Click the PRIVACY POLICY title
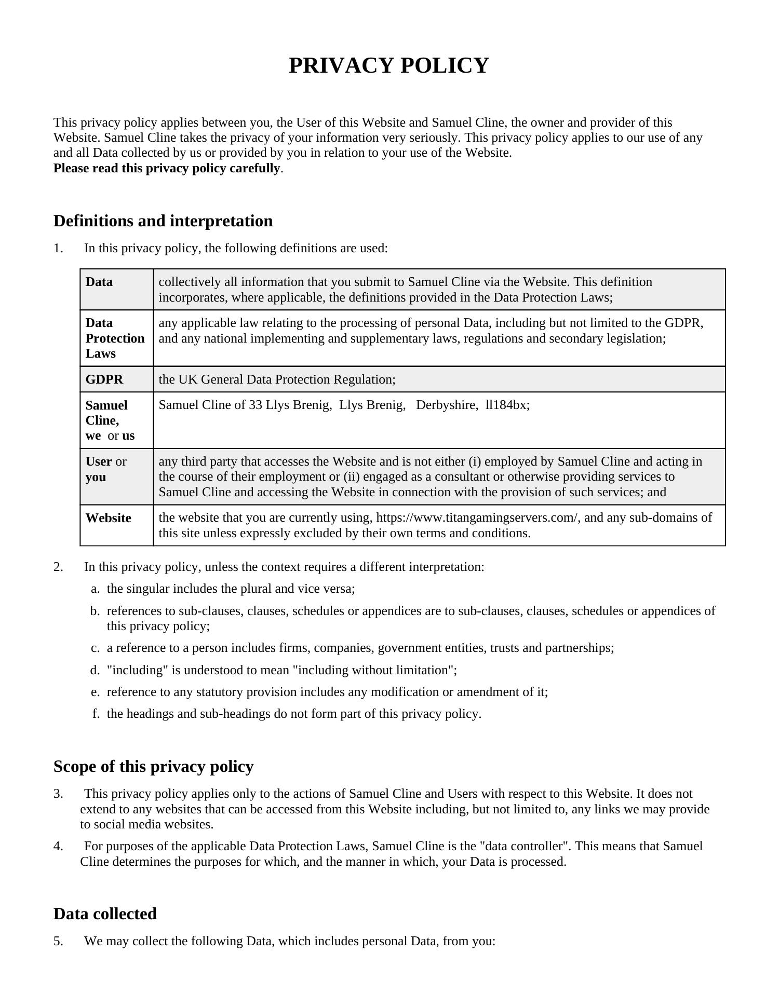[388, 66]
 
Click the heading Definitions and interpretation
[163, 221]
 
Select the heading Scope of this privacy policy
[153, 767]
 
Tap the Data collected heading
[105, 914]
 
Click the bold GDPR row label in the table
[104, 379]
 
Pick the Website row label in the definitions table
[108, 518]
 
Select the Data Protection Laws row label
[115, 338]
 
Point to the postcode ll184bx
[507, 405]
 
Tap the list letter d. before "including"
[95, 670]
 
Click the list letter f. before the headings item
[96, 714]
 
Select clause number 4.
[58, 846]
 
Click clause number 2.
[58, 567]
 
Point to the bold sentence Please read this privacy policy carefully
[167, 168]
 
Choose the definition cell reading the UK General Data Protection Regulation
[277, 379]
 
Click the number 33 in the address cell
[255, 405]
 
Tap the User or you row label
[106, 469]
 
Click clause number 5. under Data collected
[58, 941]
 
